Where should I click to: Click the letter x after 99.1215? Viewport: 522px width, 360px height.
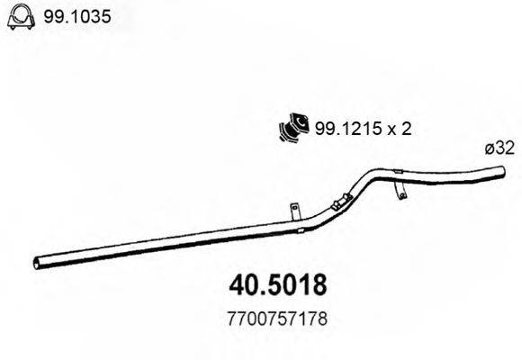click(389, 130)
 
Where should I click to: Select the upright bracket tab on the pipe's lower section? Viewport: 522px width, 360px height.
click(294, 210)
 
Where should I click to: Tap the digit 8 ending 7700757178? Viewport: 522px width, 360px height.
click(317, 319)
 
